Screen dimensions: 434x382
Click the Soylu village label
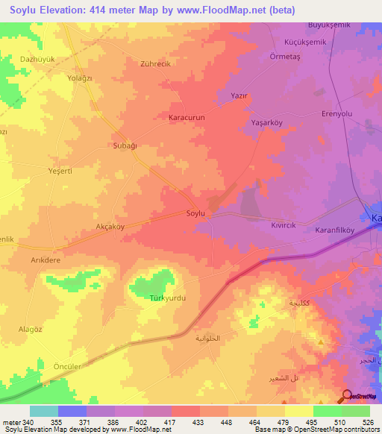click(x=195, y=213)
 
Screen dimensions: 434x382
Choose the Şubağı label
click(x=125, y=145)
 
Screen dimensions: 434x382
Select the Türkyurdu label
click(x=167, y=298)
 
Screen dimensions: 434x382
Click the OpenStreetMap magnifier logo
click(x=347, y=397)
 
